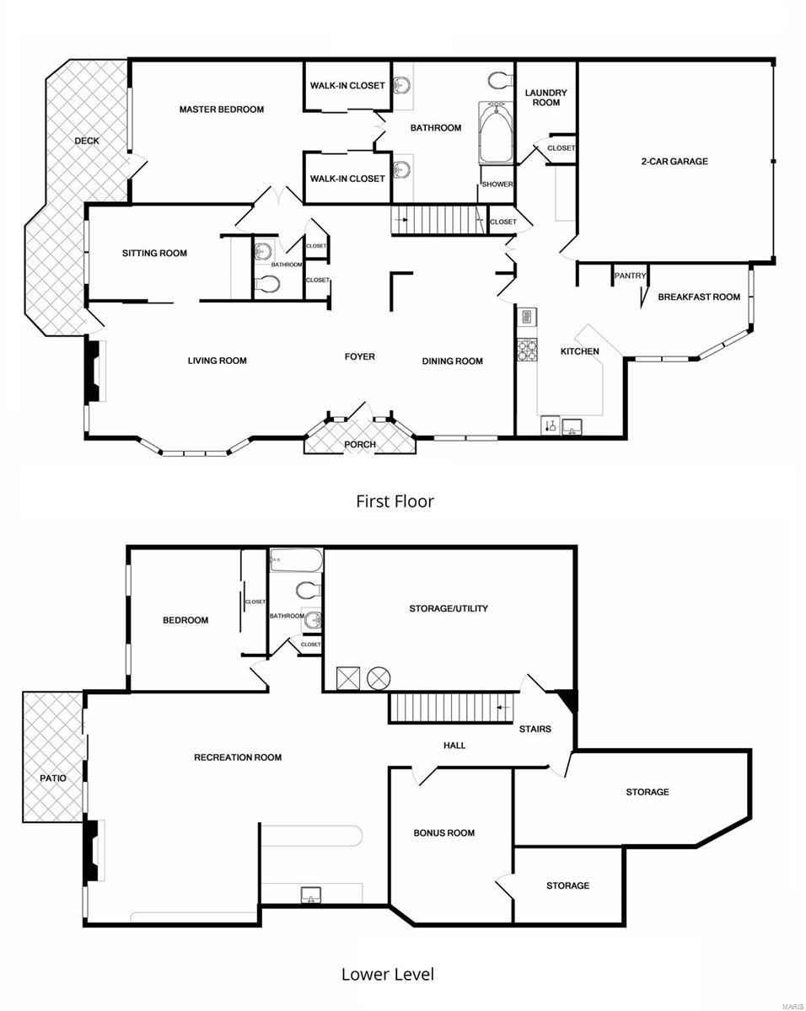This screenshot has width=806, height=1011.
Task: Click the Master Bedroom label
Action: pyautogui.click(x=221, y=110)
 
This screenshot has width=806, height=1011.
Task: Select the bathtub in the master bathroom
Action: pyautogui.click(x=496, y=133)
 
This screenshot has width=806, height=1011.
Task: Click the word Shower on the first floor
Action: pyautogui.click(x=497, y=185)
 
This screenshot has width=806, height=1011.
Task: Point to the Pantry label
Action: pyautogui.click(x=630, y=275)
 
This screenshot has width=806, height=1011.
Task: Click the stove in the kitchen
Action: pyautogui.click(x=527, y=350)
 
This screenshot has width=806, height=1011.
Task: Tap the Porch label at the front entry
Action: pyautogui.click(x=360, y=444)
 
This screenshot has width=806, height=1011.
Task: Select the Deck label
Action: pyautogui.click(x=86, y=141)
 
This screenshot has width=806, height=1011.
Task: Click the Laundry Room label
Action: pyautogui.click(x=545, y=98)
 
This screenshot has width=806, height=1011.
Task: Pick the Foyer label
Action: pyautogui.click(x=359, y=356)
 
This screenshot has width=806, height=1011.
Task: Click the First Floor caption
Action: pyautogui.click(x=395, y=501)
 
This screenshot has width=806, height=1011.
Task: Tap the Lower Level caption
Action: pyautogui.click(x=388, y=975)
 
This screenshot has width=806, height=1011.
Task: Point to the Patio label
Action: pyautogui.click(x=52, y=778)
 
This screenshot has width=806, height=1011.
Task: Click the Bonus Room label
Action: pyautogui.click(x=443, y=833)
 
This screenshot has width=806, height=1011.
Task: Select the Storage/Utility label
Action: pyautogui.click(x=449, y=608)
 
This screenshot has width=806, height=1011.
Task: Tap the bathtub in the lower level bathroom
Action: pyautogui.click(x=296, y=560)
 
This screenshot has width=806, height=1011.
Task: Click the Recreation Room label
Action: pyautogui.click(x=238, y=757)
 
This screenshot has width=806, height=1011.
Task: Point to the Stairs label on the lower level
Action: pyautogui.click(x=535, y=729)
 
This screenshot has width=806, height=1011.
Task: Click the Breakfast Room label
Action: pyautogui.click(x=699, y=297)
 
